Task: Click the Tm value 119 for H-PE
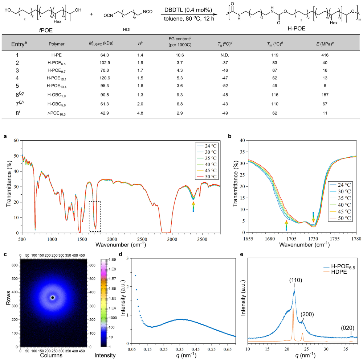click(x=274, y=55)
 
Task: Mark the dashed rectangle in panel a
click(x=95, y=216)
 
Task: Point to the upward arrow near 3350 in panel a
click(x=193, y=207)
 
